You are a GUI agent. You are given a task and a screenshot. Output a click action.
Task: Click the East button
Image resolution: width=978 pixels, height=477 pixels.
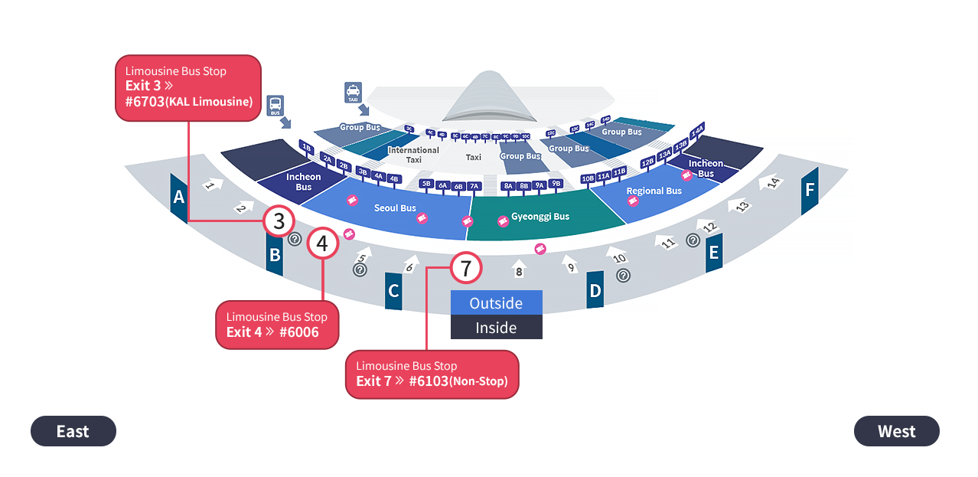[73, 431]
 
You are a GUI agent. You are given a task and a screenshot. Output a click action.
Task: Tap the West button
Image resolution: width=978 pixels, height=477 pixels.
[896, 431]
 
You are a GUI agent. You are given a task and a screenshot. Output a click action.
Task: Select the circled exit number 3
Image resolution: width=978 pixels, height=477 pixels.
[279, 221]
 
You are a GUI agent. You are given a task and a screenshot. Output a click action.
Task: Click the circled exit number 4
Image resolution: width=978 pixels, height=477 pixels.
[323, 243]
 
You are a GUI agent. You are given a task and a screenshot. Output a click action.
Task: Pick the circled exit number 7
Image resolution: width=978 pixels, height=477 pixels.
[466, 268]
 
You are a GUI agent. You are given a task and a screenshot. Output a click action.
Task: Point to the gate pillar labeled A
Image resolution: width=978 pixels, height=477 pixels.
[179, 198]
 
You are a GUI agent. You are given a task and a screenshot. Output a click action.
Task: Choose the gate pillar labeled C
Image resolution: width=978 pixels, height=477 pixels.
[393, 291]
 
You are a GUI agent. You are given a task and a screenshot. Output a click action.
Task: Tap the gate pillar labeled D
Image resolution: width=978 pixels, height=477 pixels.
[595, 290]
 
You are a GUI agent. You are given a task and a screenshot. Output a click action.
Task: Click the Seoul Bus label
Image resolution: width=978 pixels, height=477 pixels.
[395, 208]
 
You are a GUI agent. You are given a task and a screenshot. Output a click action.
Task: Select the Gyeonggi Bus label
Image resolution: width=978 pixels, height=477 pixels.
[540, 217]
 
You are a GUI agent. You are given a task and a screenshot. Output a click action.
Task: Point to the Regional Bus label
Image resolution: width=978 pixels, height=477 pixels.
[654, 191]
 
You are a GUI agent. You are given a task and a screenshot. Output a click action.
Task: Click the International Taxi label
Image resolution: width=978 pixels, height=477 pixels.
[413, 155]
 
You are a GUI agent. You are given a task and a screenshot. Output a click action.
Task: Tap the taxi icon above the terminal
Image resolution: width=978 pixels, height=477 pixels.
[353, 92]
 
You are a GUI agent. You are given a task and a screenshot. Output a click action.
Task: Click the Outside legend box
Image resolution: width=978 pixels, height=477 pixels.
[496, 302]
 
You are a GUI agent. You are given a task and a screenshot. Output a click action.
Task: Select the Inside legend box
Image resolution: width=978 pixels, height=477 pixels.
[496, 328]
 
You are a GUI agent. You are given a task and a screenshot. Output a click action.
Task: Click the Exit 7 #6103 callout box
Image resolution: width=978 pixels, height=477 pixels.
[432, 374]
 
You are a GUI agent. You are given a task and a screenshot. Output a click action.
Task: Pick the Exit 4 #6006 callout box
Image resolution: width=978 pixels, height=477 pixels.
[277, 325]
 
